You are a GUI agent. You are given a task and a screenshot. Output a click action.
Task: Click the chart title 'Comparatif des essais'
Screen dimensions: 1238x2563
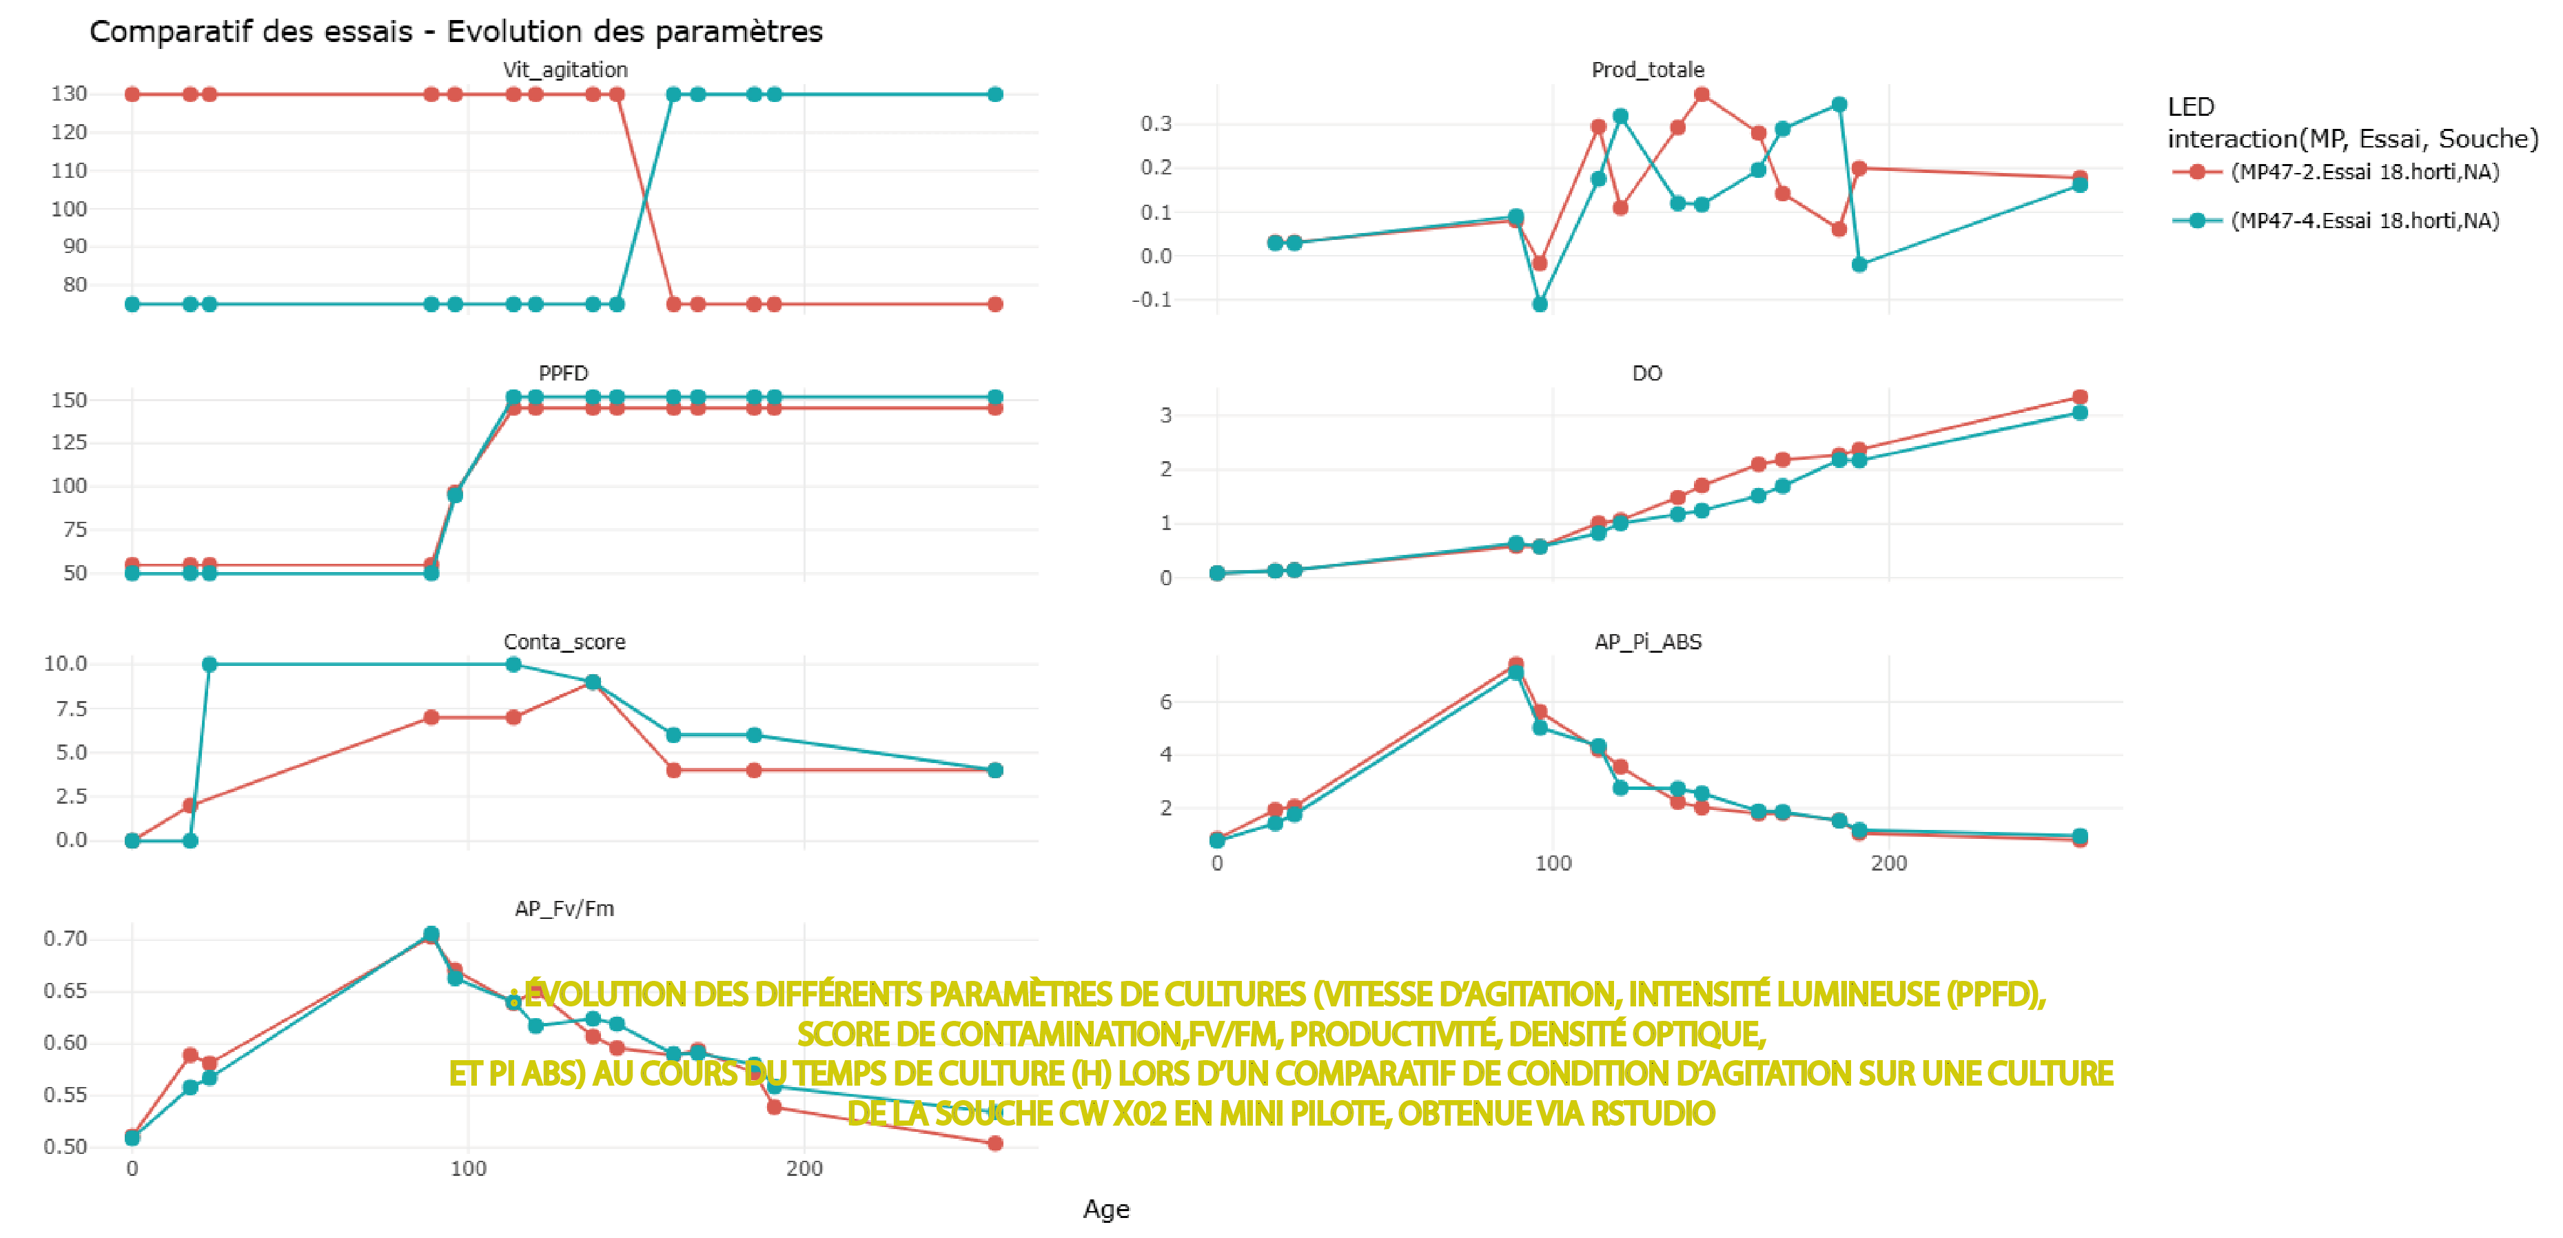pos(455,32)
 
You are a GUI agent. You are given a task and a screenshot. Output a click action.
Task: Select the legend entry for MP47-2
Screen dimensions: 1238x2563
pos(2364,172)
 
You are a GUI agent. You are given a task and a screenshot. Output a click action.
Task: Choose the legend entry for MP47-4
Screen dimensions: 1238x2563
pos(2364,221)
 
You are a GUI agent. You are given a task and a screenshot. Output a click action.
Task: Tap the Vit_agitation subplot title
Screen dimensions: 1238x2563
pos(565,70)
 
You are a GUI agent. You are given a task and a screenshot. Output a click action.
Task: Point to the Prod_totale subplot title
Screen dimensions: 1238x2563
pos(1648,70)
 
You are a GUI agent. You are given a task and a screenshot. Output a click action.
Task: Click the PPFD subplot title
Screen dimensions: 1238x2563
pos(563,373)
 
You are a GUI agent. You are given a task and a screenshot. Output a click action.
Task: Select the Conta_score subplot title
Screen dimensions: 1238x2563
pos(564,642)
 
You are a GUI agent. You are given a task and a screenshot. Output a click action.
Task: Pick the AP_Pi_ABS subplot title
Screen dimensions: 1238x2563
pos(1648,642)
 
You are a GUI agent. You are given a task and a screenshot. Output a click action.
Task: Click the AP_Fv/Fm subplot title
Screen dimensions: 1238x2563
pos(564,909)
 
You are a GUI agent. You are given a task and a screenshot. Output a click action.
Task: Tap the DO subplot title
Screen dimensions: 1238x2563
pos(1646,373)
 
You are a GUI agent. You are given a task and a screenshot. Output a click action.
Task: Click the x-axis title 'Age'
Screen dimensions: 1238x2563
pos(1105,1209)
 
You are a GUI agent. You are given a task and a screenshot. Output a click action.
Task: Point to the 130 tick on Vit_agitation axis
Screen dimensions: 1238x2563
pos(69,94)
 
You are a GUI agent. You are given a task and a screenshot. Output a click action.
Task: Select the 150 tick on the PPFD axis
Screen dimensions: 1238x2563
pos(69,400)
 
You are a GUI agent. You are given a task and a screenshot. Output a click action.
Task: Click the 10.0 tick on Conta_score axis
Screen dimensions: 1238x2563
pos(65,664)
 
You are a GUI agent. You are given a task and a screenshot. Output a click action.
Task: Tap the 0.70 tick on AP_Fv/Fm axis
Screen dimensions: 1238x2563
pos(65,938)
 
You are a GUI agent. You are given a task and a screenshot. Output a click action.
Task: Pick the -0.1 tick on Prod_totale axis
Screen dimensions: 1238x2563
pos(1152,300)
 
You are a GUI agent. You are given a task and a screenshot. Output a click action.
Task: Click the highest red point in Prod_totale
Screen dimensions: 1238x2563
pos(1702,94)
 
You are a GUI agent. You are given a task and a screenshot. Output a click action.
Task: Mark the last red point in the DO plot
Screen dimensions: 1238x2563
pos(2079,397)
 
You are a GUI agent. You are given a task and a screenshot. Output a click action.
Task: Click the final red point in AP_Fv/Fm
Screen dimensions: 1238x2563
pos(995,1144)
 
